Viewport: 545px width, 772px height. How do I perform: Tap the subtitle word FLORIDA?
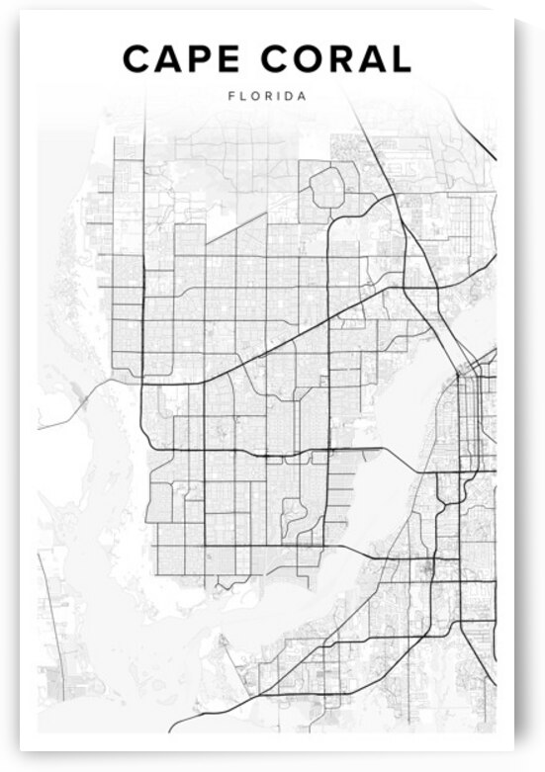tap(266, 97)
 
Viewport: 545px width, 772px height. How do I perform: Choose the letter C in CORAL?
tap(275, 60)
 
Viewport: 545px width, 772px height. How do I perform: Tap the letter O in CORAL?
tap(310, 60)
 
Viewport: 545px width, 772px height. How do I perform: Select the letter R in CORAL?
tap(343, 60)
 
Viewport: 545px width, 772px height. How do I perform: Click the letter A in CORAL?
tap(372, 60)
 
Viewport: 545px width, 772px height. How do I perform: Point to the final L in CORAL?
tap(401, 60)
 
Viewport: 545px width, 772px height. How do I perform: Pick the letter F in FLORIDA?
tap(230, 97)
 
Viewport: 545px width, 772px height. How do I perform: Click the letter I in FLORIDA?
tap(276, 97)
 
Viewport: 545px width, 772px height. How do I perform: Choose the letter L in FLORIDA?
tap(241, 97)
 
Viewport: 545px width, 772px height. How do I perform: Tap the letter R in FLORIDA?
tap(266, 97)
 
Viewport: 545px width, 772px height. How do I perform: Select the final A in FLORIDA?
tap(301, 97)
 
